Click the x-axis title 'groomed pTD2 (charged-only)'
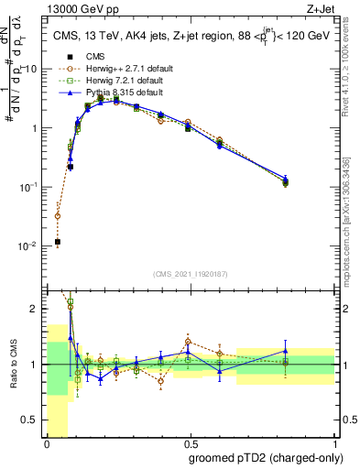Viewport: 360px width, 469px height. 260,457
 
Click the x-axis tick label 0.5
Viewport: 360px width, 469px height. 191,444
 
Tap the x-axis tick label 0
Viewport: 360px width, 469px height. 47,444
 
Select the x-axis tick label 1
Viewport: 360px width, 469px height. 335,444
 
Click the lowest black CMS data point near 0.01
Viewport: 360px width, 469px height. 57,242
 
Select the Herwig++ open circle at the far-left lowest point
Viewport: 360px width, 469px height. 57,217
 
